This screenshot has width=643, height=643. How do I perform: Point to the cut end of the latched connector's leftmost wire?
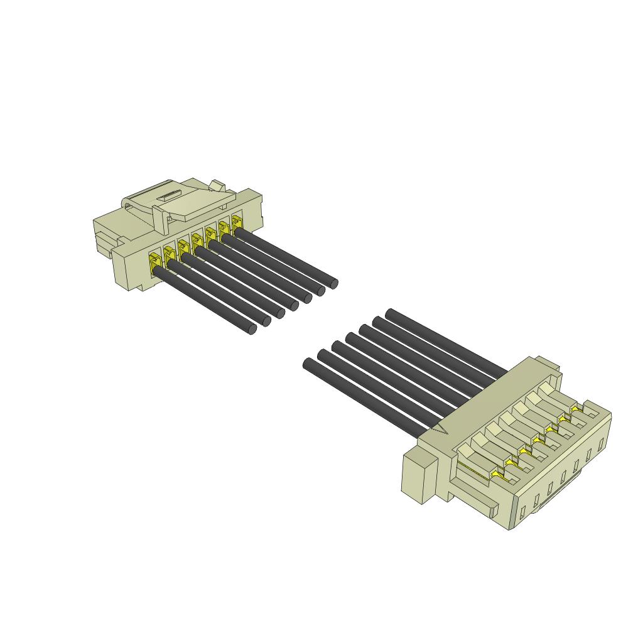(252, 329)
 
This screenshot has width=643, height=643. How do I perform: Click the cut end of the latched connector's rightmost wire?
(333, 283)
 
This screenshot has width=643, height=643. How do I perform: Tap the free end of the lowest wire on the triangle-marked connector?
(308, 364)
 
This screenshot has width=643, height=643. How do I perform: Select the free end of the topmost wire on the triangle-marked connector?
(390, 313)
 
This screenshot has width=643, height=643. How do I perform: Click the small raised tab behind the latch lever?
(217, 185)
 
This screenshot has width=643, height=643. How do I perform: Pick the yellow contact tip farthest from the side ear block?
(575, 409)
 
